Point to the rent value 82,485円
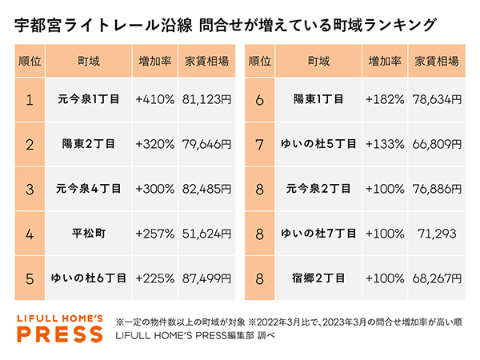[x=206, y=190]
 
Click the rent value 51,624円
[x=206, y=234]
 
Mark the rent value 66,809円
[x=436, y=145]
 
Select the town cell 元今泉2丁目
[x=318, y=190]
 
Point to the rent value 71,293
[x=436, y=234]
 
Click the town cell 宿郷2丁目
[x=318, y=278]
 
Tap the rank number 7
[x=259, y=145]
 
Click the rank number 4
[x=30, y=234]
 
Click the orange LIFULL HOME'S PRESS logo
[x=62, y=328]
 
